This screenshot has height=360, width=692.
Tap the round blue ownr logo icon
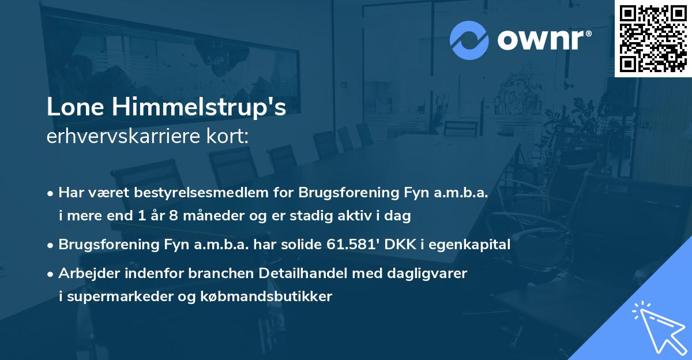[x=469, y=39]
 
